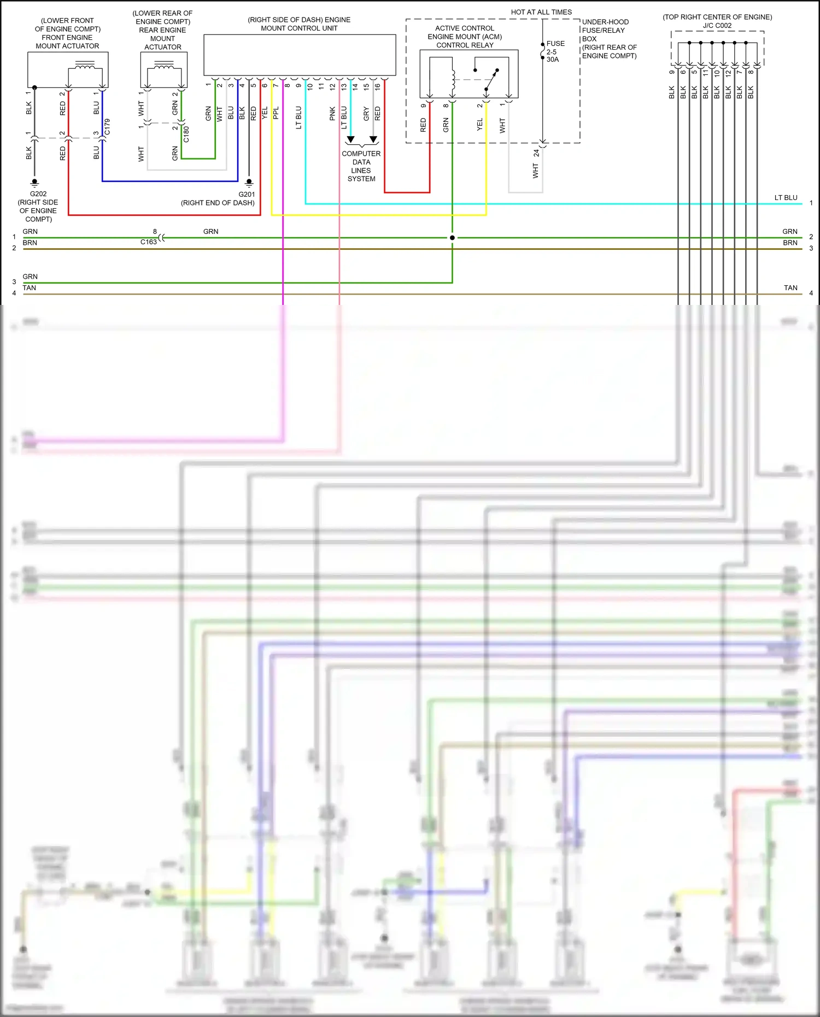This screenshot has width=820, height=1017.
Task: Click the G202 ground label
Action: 38,194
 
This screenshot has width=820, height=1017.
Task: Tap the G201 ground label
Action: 247,195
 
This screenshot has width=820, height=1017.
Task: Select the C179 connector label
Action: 107,127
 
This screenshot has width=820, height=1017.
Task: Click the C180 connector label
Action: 186,134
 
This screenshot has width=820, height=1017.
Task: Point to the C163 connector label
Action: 148,242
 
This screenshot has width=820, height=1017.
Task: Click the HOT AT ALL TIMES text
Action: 541,12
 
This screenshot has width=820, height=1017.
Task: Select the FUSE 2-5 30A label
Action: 555,51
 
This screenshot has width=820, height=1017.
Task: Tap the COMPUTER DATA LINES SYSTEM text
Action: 361,166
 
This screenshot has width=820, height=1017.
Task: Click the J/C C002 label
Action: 717,26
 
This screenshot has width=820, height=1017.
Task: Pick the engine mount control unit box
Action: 300,55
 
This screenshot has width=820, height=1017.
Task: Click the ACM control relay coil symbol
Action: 453,80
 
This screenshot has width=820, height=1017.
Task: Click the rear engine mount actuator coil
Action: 164,66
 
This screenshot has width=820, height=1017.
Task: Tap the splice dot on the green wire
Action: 452,238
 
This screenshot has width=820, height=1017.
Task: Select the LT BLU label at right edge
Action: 786,198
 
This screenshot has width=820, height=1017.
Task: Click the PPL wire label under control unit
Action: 276,113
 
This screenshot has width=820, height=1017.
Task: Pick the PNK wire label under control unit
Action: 332,114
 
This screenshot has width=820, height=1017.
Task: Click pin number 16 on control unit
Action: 377,86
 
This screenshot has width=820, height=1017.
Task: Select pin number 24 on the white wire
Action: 536,154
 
